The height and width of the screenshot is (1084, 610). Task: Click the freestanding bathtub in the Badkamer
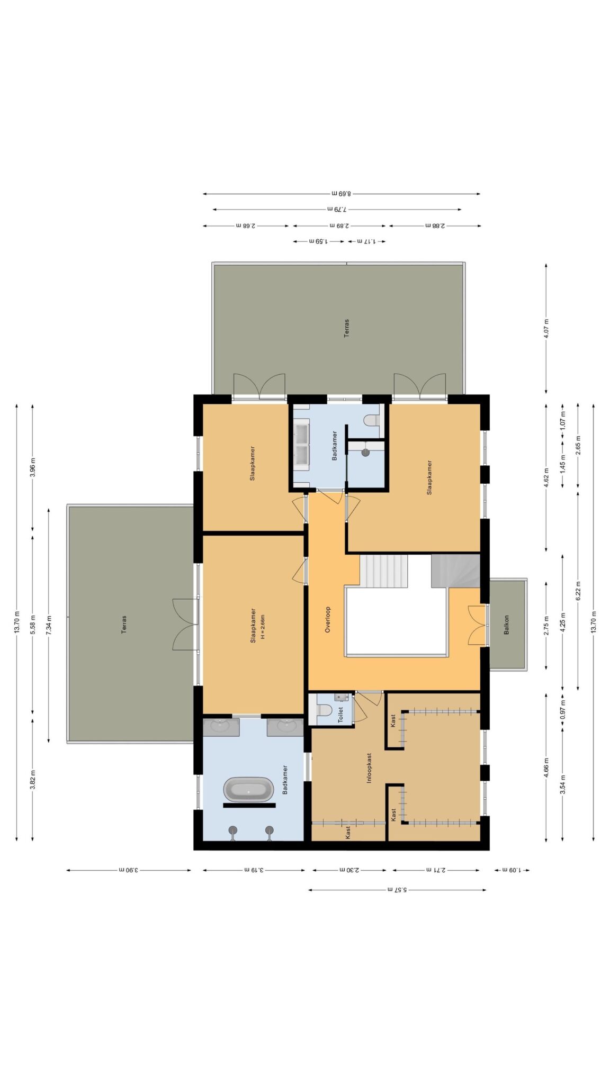tap(248, 789)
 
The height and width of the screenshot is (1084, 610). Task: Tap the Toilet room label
tap(340, 715)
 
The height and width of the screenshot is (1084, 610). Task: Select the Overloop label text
tap(327, 619)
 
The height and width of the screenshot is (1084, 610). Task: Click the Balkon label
tap(506, 625)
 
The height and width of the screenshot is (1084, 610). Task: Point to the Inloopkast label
tap(369, 767)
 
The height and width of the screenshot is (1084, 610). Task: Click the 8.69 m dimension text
tap(342, 194)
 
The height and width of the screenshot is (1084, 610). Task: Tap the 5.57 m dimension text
tap(397, 890)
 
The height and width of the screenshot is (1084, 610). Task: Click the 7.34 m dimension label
tap(49, 625)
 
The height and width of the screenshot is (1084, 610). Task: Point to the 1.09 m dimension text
tap(512, 870)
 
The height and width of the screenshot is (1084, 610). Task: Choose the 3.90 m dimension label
tap(129, 870)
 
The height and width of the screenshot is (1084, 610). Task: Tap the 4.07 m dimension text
tap(546, 329)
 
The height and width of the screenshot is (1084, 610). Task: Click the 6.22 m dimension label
tap(578, 590)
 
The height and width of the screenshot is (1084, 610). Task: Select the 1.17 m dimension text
tap(366, 241)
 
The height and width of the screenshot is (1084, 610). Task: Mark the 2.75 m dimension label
tap(546, 625)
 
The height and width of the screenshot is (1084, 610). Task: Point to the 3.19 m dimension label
tap(254, 870)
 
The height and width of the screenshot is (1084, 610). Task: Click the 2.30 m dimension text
tap(349, 870)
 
